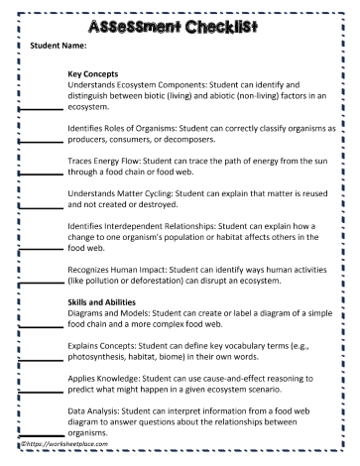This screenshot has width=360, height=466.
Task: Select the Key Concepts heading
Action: coord(93,73)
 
